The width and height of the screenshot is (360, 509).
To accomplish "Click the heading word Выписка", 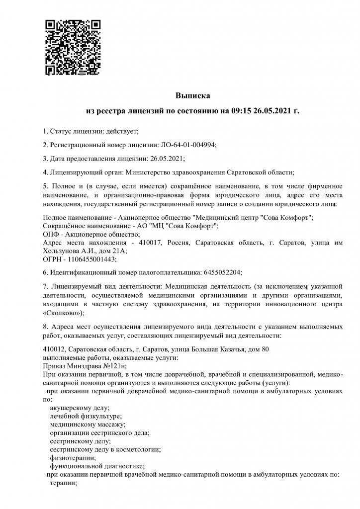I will (193, 94).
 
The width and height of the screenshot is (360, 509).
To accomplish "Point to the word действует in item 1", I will (120, 131).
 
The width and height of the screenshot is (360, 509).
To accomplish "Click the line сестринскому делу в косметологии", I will (105, 449).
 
